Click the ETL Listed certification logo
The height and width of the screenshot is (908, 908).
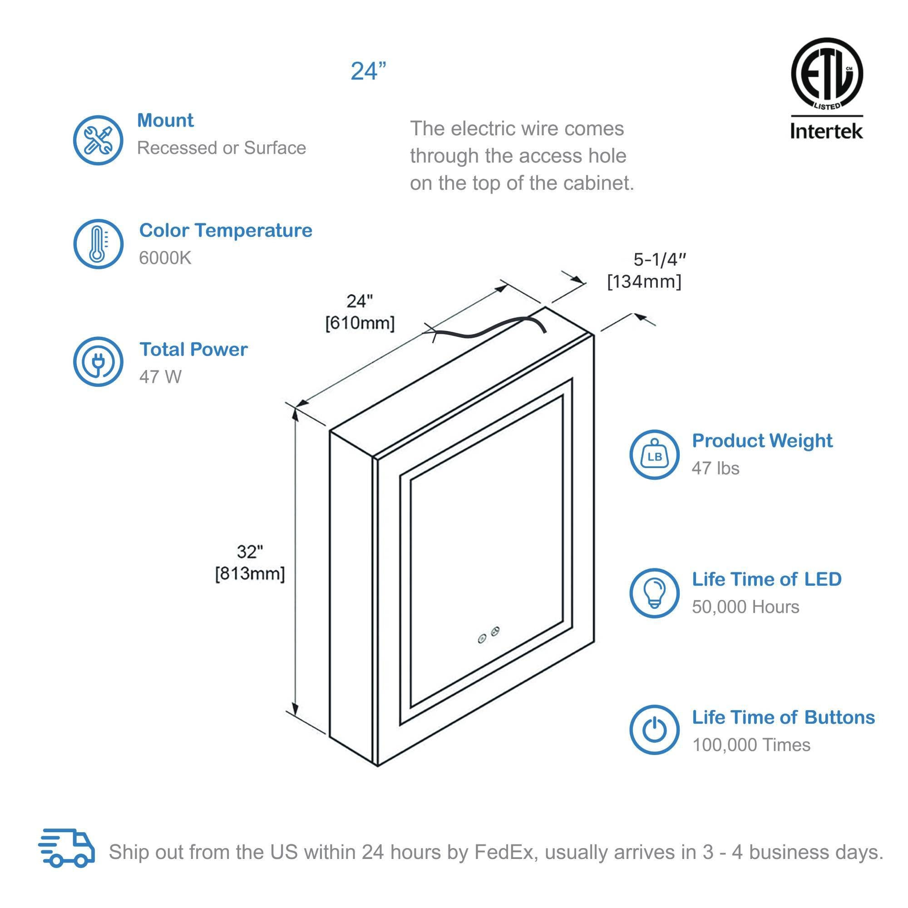[827, 74]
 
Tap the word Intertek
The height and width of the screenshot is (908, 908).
[826, 131]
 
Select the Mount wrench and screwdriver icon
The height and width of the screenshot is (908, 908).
[98, 140]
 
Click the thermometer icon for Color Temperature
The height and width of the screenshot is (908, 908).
[98, 244]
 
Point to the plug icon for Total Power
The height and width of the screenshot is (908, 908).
[98, 362]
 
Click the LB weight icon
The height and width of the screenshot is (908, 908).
[654, 455]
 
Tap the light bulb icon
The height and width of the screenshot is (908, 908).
[654, 593]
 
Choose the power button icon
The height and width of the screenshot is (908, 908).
[654, 730]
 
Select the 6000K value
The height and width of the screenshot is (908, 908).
[165, 258]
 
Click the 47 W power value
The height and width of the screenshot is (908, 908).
[160, 377]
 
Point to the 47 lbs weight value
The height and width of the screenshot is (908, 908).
[716, 468]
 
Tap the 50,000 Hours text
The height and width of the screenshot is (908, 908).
[745, 607]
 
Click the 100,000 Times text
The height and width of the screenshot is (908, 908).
[751, 745]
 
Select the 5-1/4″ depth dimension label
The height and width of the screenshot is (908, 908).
[660, 259]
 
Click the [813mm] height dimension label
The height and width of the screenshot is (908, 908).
[250, 574]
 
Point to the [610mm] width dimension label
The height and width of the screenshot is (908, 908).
[360, 323]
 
